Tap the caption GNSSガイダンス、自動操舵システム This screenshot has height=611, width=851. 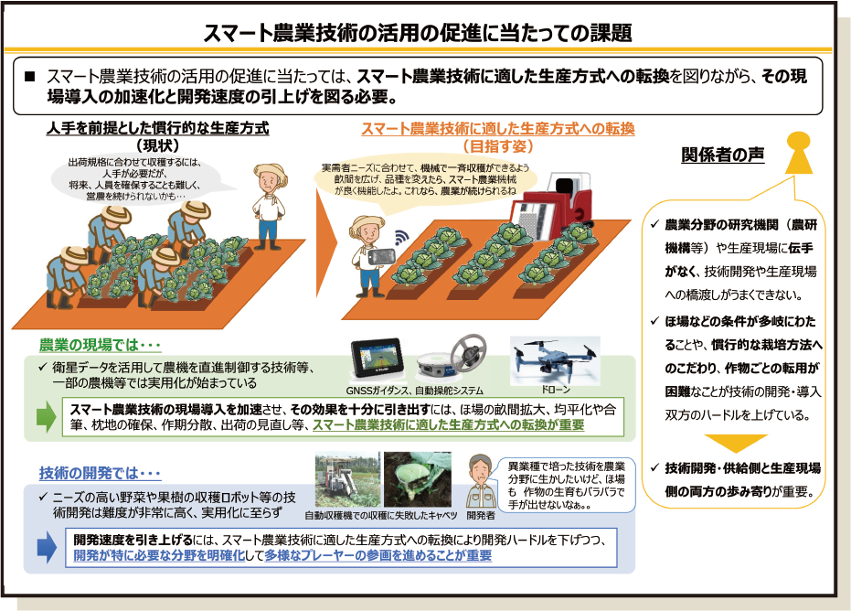click(x=419, y=391)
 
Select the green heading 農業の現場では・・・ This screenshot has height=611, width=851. click(x=101, y=345)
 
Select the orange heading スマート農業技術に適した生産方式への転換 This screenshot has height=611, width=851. click(x=497, y=129)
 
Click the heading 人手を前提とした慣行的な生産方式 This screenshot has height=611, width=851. click(x=158, y=129)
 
